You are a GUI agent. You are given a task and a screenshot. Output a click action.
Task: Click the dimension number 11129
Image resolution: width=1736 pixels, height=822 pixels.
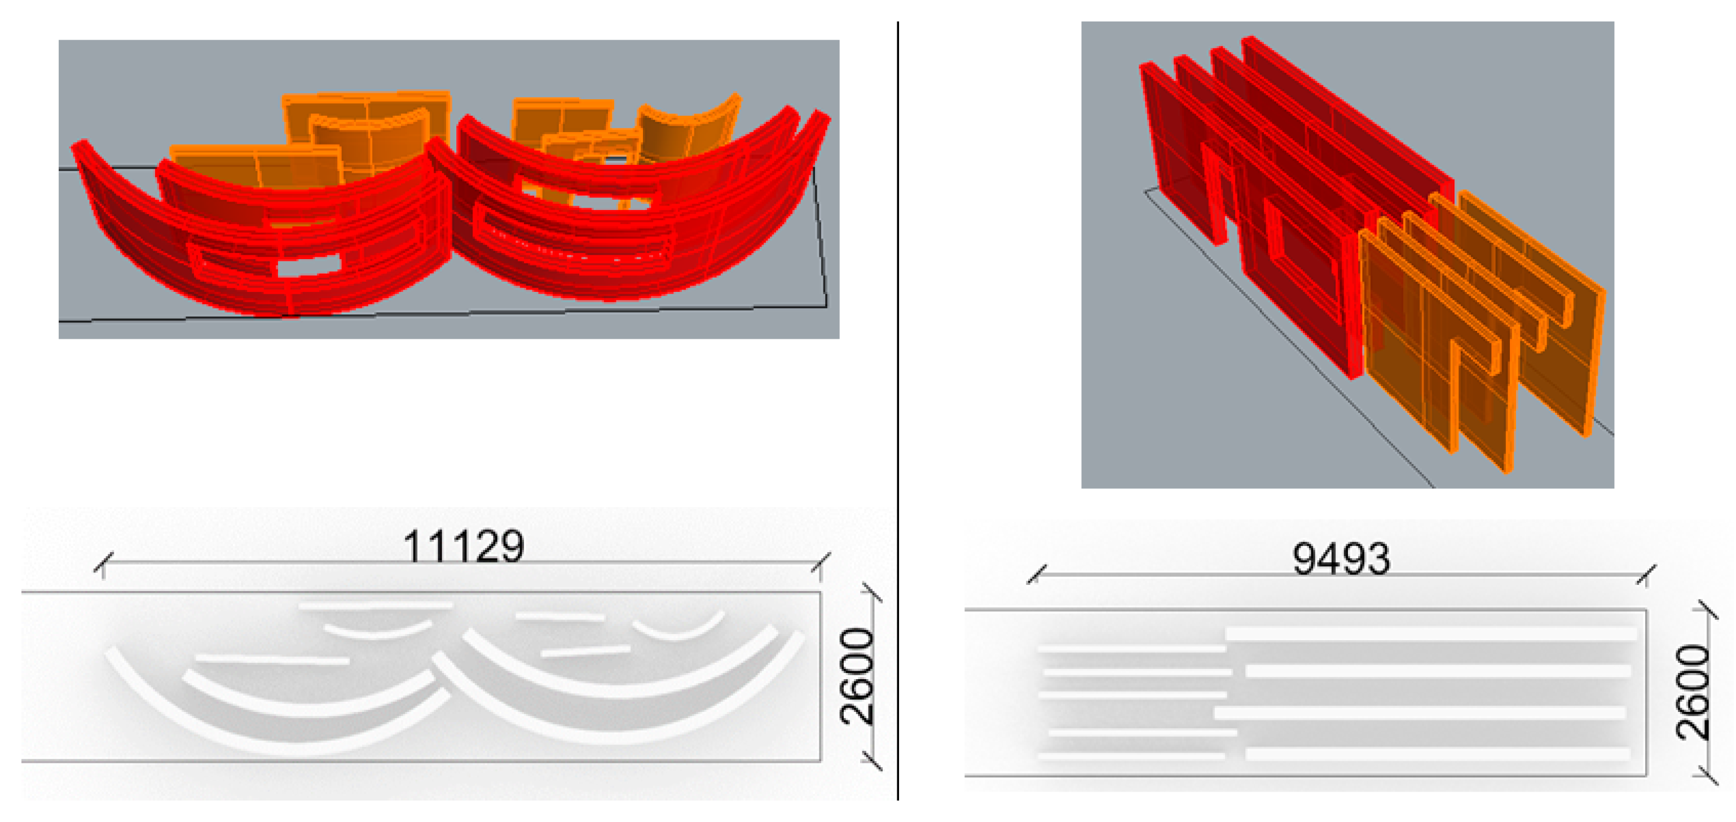(x=463, y=545)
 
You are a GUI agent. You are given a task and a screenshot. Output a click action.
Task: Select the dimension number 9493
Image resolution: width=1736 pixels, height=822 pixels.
(x=1341, y=559)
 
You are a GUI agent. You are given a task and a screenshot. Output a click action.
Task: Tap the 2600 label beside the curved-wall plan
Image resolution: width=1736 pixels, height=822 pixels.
(x=857, y=676)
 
